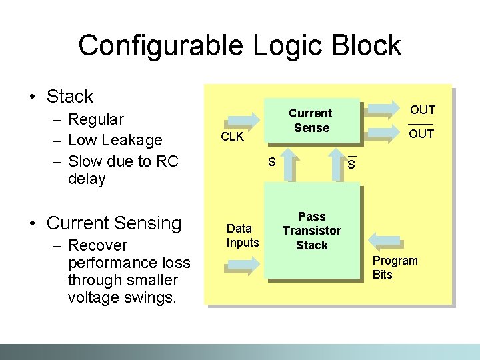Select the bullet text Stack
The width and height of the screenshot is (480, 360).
point(70,97)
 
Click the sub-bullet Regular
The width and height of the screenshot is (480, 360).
point(96,120)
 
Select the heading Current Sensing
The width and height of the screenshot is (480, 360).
point(114,223)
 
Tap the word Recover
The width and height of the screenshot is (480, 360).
point(97,245)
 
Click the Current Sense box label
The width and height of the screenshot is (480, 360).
point(311,121)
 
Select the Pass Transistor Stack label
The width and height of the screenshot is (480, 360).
point(311,231)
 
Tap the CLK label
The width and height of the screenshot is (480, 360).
point(232,137)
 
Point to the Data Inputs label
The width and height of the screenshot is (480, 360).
point(242,235)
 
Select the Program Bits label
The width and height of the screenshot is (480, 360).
point(395,267)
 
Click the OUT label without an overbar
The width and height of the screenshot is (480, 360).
point(422,110)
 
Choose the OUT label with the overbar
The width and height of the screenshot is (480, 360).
point(421,134)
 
